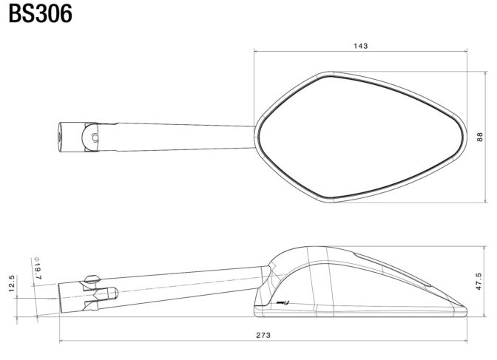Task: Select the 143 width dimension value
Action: (361, 46)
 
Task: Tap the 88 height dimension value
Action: (480, 137)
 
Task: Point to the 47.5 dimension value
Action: (479, 282)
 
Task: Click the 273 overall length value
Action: (263, 335)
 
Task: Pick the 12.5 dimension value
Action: (11, 283)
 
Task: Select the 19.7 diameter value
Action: (38, 272)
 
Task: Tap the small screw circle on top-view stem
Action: (95, 137)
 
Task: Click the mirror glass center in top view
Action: (362, 137)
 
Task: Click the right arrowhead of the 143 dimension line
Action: (465, 50)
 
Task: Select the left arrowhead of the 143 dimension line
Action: (256, 50)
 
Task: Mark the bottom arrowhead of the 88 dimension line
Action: (485, 200)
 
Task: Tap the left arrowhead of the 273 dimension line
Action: (62, 341)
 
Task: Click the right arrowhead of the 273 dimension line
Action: (464, 341)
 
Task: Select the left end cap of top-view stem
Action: (60, 137)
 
